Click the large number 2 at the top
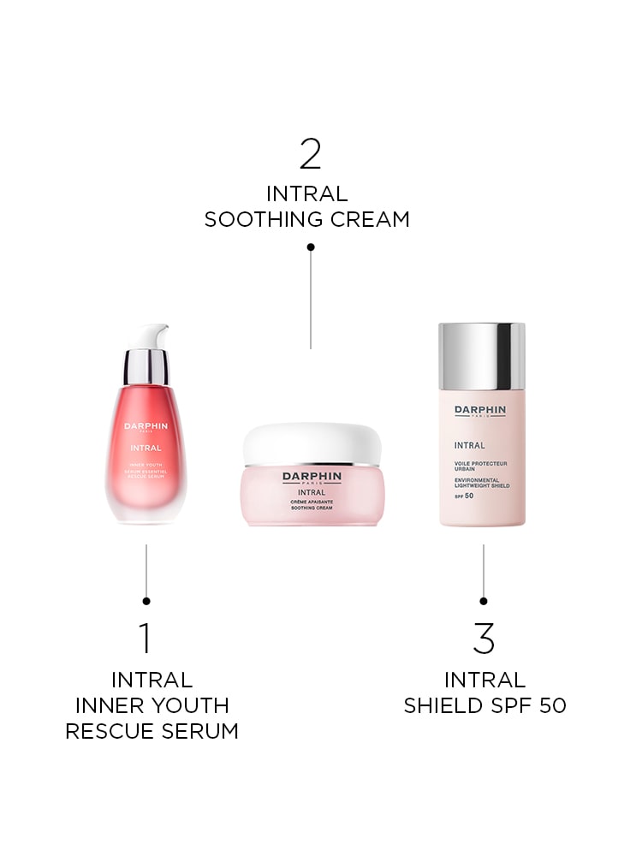[x=310, y=154]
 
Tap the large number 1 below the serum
[x=145, y=639]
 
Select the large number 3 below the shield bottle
[x=484, y=639]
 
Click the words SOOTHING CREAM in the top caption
[x=307, y=220]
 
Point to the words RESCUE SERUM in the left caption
[x=152, y=731]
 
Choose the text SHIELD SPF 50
[x=484, y=706]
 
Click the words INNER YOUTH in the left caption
[x=152, y=706]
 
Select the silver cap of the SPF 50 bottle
[x=482, y=354]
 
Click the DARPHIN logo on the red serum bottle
[x=146, y=425]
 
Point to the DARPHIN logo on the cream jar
[x=312, y=476]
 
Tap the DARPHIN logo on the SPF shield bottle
[x=480, y=410]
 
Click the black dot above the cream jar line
[x=311, y=247]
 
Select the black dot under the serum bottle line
[x=146, y=601]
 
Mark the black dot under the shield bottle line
[x=484, y=601]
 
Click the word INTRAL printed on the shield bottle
[x=470, y=445]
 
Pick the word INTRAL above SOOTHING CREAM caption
[x=307, y=193]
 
